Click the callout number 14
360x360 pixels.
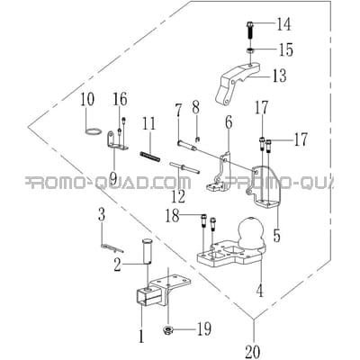283,24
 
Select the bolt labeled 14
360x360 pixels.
251,30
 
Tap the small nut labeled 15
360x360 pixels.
250,50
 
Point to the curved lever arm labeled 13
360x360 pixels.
237,84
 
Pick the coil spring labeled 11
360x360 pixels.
150,157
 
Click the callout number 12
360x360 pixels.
178,196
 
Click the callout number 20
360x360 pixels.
253,351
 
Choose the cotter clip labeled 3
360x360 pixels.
112,248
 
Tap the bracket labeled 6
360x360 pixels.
219,174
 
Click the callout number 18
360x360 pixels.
173,216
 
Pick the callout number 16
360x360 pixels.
120,100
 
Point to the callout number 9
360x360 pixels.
112,177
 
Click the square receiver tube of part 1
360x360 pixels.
147,296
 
